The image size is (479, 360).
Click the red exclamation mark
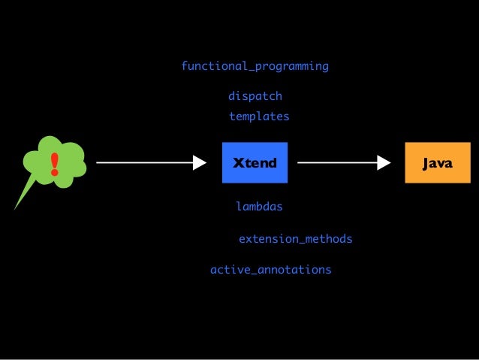pos(54,163)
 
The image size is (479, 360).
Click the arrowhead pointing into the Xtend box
pos(199,162)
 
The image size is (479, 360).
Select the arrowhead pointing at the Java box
pos(384,162)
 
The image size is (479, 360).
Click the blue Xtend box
pos(255,162)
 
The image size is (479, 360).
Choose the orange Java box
pos(437,162)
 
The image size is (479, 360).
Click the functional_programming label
pos(255,66)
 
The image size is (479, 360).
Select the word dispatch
pos(255,96)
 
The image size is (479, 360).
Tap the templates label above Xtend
pos(258,116)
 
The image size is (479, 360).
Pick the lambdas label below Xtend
pos(259,206)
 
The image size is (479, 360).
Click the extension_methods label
pos(295,239)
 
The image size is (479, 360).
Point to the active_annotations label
pos(270,269)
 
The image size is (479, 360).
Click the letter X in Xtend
pos(238,163)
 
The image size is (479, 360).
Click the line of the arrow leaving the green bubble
pos(143,162)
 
